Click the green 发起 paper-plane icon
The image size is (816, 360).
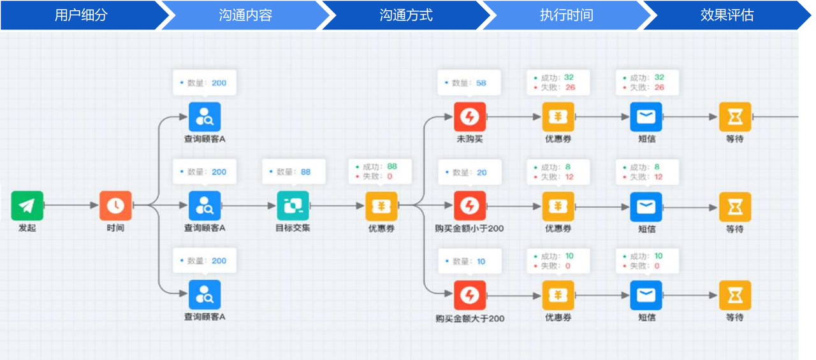(x=27, y=206)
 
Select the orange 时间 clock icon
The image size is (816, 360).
(x=115, y=206)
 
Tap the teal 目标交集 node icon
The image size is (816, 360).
(x=293, y=206)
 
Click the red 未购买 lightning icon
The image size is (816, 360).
(x=470, y=117)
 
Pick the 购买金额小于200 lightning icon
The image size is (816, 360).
(x=470, y=206)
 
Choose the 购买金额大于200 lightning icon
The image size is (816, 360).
(x=470, y=295)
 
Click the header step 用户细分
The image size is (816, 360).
(x=81, y=15)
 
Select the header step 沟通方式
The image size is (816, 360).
(x=406, y=15)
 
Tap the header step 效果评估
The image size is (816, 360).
(x=727, y=15)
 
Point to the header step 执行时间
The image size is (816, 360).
(x=567, y=15)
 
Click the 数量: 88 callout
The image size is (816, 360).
(x=294, y=172)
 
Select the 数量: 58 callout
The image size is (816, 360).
(x=469, y=83)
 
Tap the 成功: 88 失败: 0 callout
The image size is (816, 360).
(x=380, y=171)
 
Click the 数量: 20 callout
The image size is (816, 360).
(x=470, y=172)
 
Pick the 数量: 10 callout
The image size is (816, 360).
(x=470, y=261)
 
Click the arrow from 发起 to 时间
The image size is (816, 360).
(x=71, y=205)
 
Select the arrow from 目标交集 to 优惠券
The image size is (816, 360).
(x=337, y=206)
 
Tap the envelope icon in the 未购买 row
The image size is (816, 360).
(x=646, y=117)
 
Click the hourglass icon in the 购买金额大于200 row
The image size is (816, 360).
(x=735, y=295)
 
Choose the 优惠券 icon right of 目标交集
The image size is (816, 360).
(x=381, y=206)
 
